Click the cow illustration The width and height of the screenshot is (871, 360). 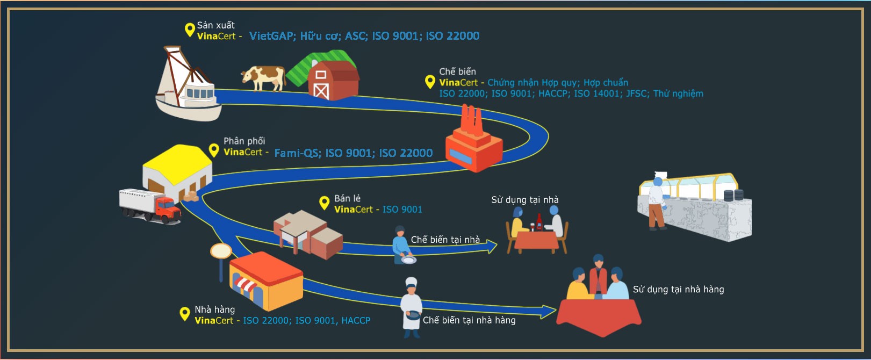(263, 77)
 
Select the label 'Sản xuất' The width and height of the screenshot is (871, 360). (215, 25)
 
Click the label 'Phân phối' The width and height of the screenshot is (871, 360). (244, 141)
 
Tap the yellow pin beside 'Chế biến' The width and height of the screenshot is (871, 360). (430, 82)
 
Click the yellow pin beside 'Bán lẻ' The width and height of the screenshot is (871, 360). (324, 203)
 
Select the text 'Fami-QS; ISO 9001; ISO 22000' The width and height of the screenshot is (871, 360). (353, 153)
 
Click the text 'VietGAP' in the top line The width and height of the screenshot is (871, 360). (271, 36)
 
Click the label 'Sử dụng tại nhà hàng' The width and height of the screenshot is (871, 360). (678, 290)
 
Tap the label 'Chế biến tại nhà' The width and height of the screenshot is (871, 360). (445, 240)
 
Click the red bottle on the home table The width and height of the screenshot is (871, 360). (539, 221)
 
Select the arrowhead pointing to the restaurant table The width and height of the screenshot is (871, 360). (549, 311)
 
